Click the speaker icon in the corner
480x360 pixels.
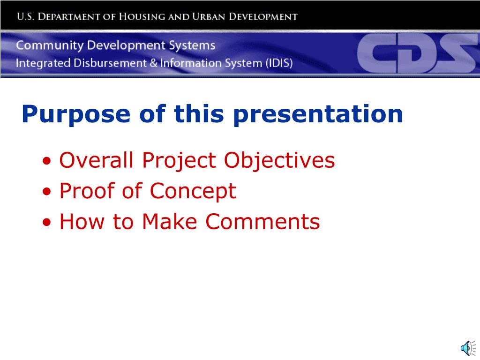pos(468,348)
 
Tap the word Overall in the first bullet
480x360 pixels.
pos(96,160)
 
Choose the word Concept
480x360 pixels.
pos(193,192)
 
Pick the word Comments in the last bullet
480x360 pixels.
pos(262,221)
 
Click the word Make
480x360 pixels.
pos(169,221)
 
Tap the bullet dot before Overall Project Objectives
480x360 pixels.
pos(46,161)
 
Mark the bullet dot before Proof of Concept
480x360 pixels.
pos(46,192)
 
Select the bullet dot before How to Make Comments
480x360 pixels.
pos(46,222)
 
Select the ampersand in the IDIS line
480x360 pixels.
pos(154,63)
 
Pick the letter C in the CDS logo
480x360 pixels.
pos(376,53)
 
